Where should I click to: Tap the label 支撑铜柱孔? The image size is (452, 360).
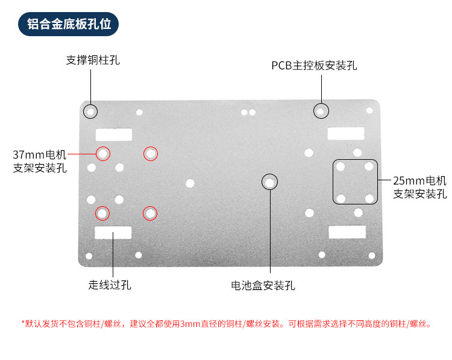pyautogui.click(x=93, y=60)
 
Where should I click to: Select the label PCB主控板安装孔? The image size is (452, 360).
pyautogui.click(x=314, y=66)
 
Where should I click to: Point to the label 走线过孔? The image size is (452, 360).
pyautogui.click(x=110, y=285)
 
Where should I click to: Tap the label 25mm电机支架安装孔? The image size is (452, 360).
pyautogui.click(x=420, y=187)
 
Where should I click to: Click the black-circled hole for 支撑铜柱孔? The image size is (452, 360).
pyautogui.click(x=90, y=112)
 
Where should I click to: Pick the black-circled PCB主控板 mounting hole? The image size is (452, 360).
pyautogui.click(x=321, y=111)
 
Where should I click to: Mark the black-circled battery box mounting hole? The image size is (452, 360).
pyautogui.click(x=269, y=182)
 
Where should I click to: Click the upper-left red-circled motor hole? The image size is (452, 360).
pyautogui.click(x=103, y=154)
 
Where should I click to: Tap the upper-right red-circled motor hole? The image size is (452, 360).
pyautogui.click(x=150, y=154)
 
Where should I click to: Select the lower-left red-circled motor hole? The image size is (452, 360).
pyautogui.click(x=102, y=213)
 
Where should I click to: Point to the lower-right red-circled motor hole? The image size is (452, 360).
pyautogui.click(x=150, y=213)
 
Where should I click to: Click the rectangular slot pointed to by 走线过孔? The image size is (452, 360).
pyautogui.click(x=113, y=232)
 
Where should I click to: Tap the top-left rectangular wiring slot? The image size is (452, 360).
pyautogui.click(x=113, y=134)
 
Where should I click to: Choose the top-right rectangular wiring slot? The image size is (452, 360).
pyautogui.click(x=346, y=133)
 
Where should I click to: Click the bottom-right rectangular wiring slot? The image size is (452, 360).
pyautogui.click(x=346, y=232)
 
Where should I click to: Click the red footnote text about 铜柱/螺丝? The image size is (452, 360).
pyautogui.click(x=226, y=324)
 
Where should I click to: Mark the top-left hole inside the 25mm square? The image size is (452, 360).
pyautogui.click(x=341, y=166)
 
